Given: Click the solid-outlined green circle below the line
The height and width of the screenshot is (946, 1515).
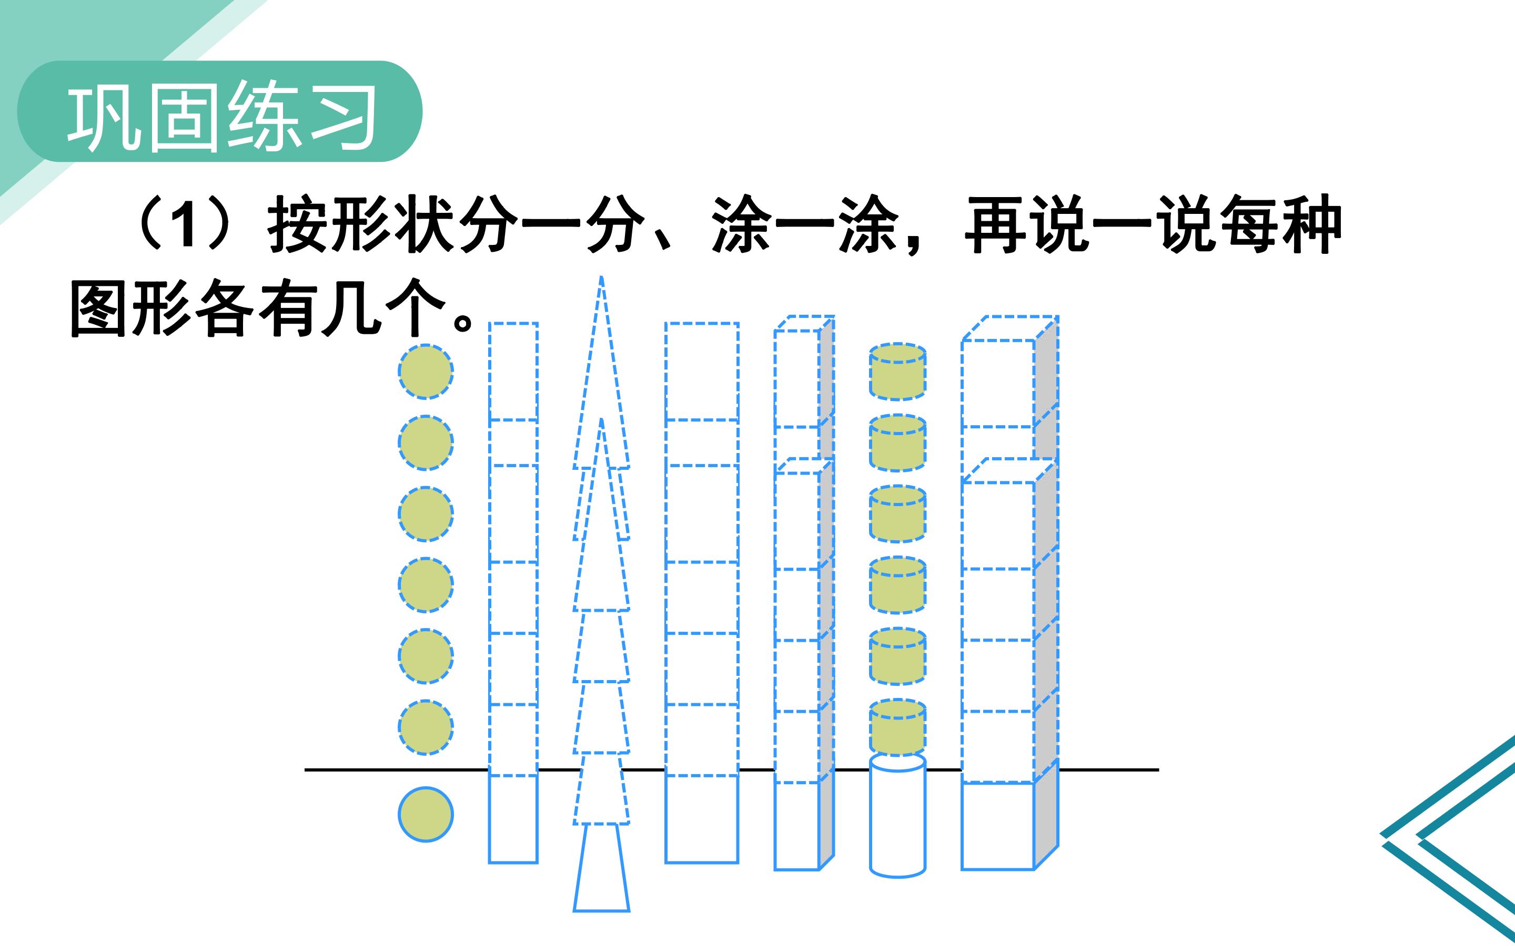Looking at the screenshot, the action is click(x=426, y=814).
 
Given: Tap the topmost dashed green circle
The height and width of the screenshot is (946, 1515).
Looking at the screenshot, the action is click(x=426, y=372).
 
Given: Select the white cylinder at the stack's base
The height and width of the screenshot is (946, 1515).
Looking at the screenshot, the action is click(x=898, y=815).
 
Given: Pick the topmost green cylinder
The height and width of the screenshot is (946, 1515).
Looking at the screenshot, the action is click(x=898, y=372).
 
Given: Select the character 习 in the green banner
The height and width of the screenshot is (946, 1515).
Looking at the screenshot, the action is click(x=343, y=117).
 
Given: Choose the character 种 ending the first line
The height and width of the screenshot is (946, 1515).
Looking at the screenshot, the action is click(x=1311, y=224).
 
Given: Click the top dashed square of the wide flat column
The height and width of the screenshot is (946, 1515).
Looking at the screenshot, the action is click(x=702, y=372).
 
